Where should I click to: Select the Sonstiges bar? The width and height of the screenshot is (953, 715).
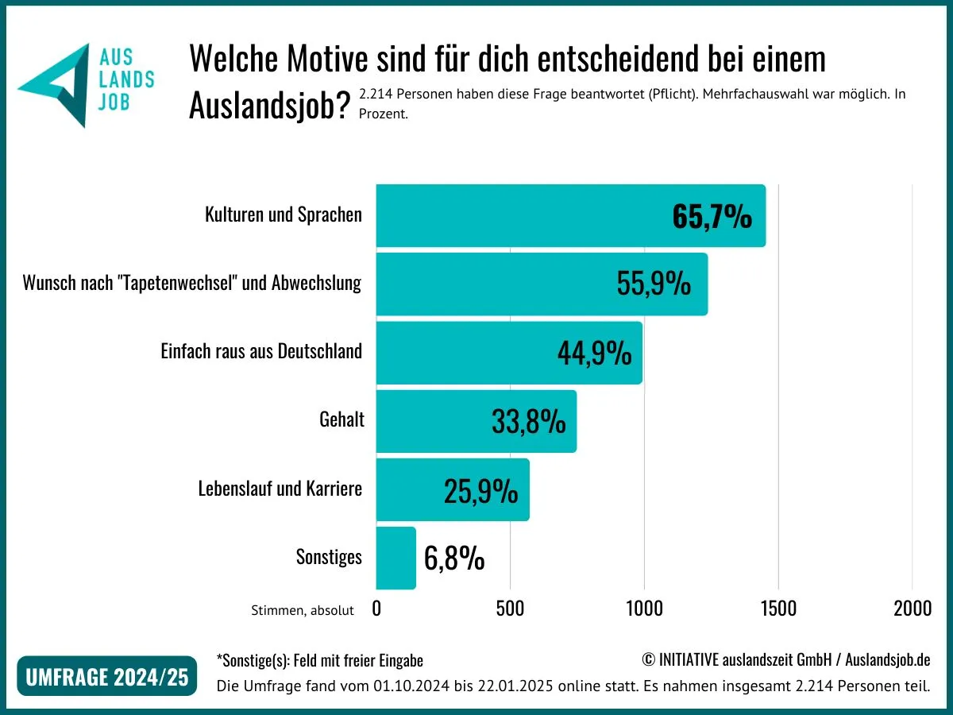click(395, 558)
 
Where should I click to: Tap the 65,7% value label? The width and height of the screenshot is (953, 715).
click(712, 217)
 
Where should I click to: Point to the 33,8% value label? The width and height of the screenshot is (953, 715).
click(528, 422)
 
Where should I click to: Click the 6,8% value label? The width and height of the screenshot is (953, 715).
click(454, 558)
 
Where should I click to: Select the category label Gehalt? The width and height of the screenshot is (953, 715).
click(341, 419)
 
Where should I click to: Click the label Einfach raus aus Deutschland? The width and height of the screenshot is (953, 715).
click(261, 351)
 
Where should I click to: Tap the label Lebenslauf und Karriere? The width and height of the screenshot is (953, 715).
click(280, 488)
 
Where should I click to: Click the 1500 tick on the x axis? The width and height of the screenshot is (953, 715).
click(777, 609)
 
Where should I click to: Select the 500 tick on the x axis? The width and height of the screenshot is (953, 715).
click(510, 609)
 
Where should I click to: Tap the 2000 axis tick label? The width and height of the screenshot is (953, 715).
click(912, 609)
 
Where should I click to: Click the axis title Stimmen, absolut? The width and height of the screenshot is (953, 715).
click(302, 610)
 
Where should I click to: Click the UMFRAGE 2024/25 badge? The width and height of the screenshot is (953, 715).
click(106, 677)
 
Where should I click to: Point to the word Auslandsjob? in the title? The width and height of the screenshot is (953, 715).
click(269, 106)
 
